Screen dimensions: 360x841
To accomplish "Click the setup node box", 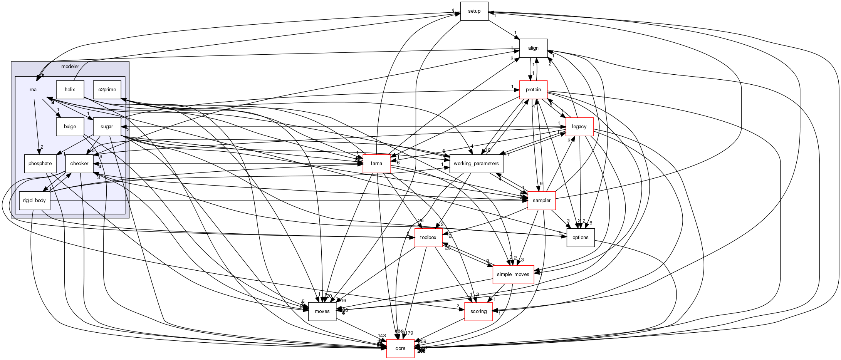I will click(474, 11).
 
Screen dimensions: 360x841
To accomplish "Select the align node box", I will click(533, 48).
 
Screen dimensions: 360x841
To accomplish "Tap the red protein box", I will click(533, 90).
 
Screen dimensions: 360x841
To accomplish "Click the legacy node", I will click(579, 127).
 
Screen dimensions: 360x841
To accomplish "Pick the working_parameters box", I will click(476, 164).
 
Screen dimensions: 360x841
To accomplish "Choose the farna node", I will click(376, 164).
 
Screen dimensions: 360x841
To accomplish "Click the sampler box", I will click(541, 201).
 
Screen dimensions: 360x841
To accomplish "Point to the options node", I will click(580, 238).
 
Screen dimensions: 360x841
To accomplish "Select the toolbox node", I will click(428, 238).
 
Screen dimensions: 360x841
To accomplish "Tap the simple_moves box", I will click(513, 275).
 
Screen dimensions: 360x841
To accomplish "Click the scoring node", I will click(478, 311).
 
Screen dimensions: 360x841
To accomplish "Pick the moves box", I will click(322, 311).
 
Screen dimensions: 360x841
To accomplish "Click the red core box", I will click(400, 348).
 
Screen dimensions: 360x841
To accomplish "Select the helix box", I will click(70, 90).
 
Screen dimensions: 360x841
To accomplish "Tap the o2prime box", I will click(107, 90).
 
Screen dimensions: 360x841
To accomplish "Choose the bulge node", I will click(70, 127).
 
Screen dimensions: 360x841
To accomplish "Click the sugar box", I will click(107, 127).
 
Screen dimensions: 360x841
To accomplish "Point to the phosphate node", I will click(40, 164).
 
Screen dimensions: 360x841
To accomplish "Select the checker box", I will click(79, 164).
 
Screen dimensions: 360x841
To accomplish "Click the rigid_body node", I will click(34, 201).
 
